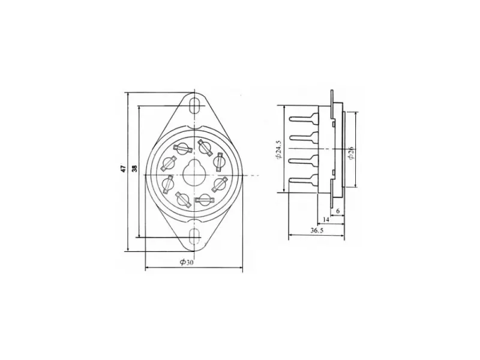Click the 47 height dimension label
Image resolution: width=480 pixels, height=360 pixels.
[x=123, y=169]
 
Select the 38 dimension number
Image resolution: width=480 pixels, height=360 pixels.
[x=134, y=169]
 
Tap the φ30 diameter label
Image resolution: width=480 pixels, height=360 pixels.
[x=187, y=263]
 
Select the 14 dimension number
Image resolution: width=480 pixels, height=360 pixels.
[x=326, y=220]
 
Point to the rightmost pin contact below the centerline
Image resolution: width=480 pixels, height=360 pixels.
[x=219, y=182]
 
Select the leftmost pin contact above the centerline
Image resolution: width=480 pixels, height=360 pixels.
[x=169, y=163]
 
